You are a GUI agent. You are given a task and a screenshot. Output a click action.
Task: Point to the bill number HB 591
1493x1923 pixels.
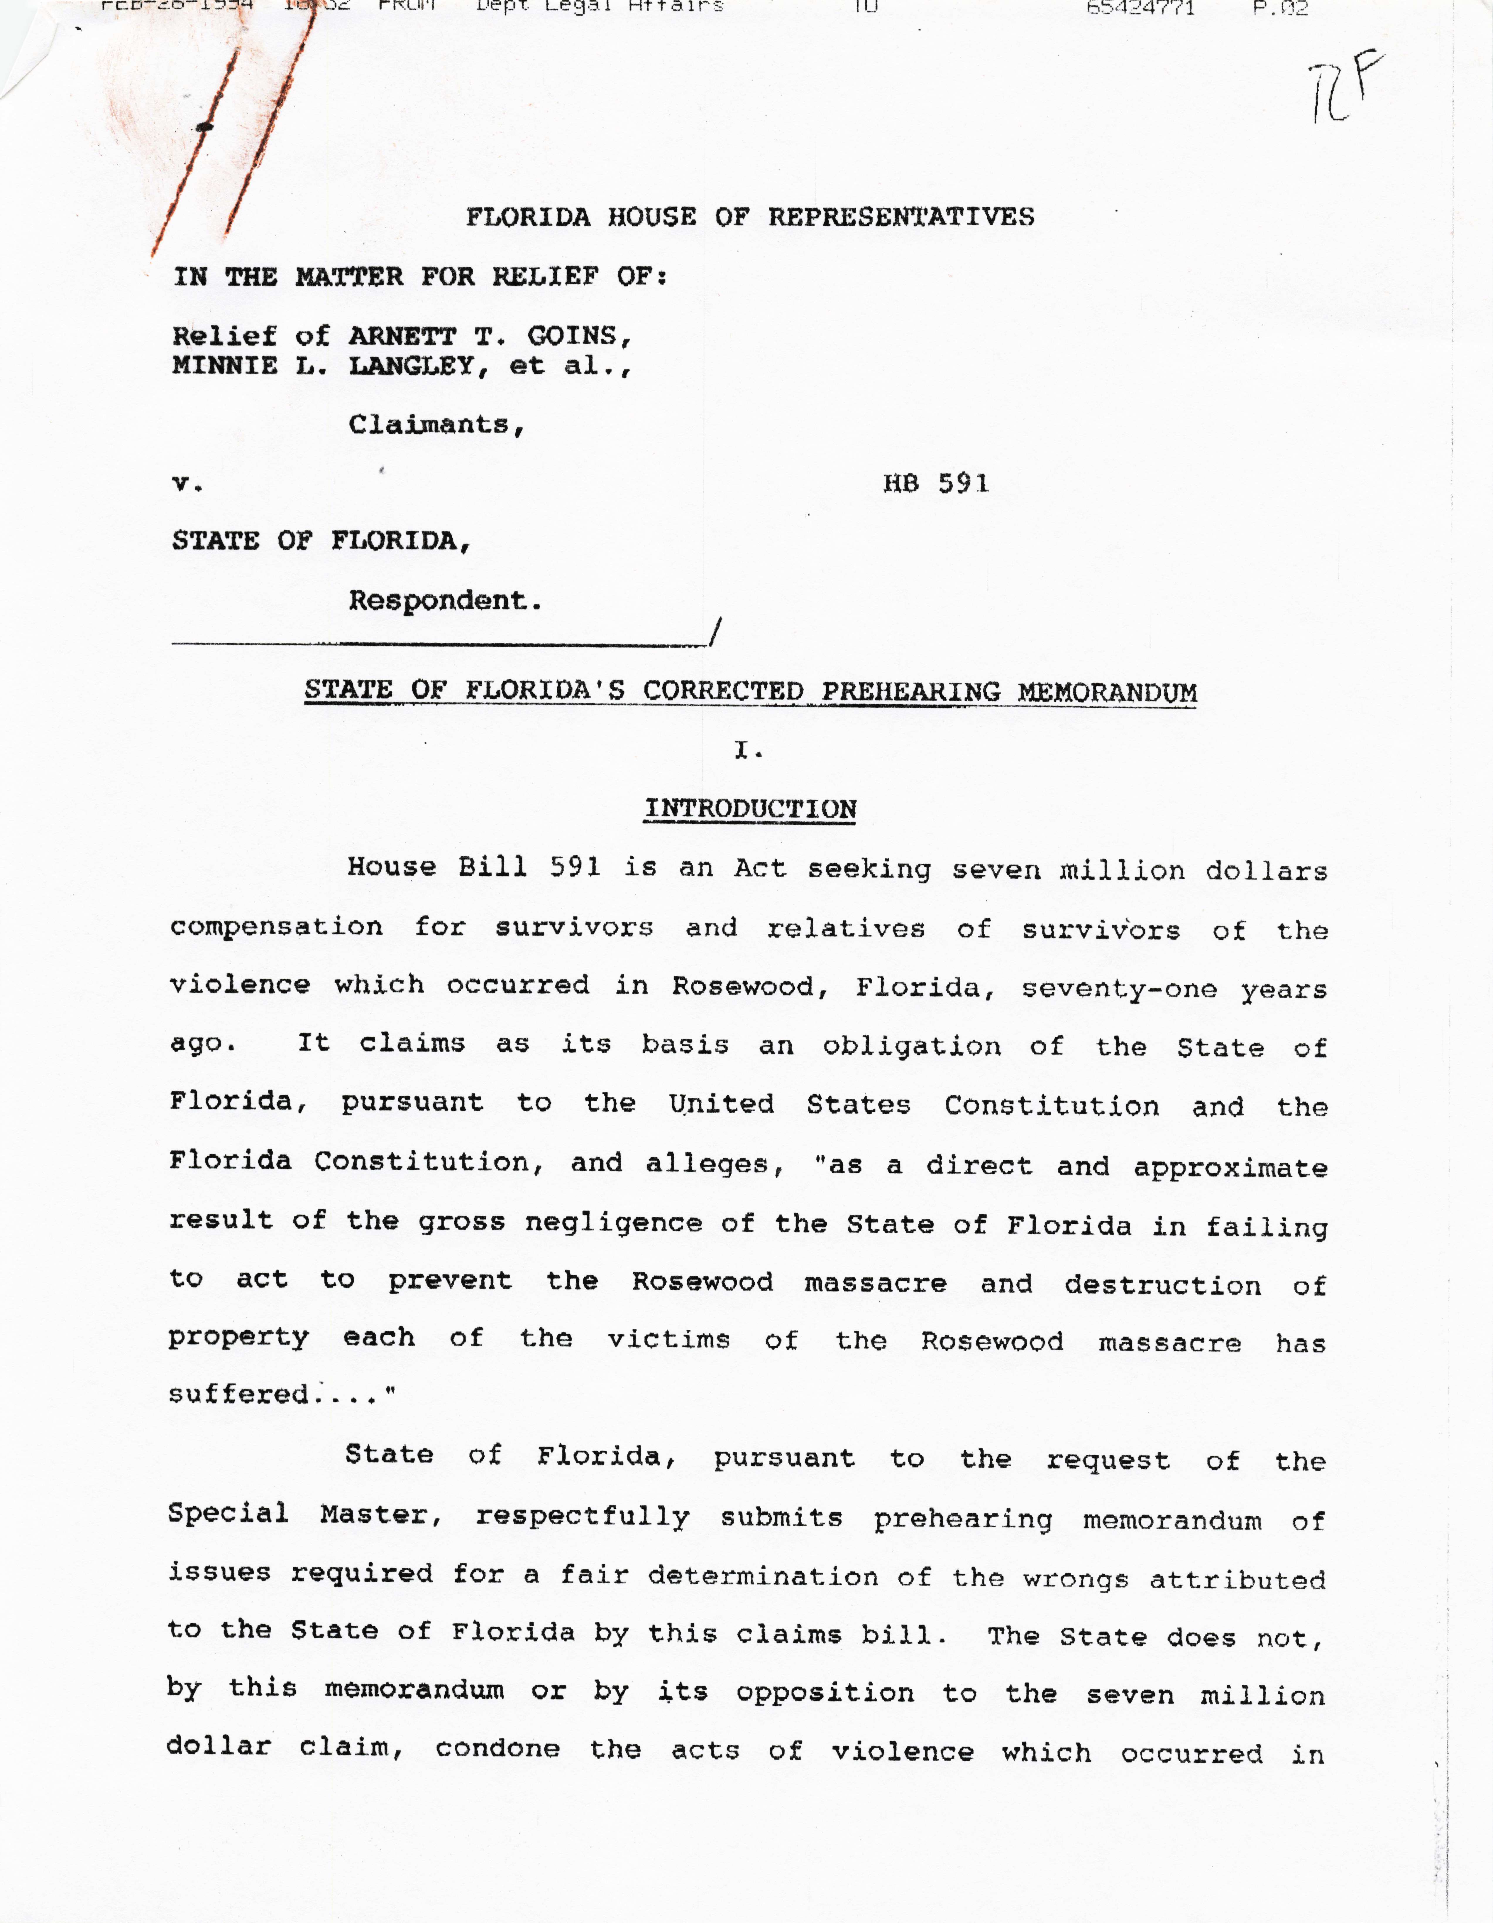936,483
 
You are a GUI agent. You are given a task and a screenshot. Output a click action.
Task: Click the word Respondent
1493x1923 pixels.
443,601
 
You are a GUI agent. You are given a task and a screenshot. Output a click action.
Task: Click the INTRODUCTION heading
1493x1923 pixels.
750,809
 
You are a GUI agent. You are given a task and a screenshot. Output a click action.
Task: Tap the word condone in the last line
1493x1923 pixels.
497,1749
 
